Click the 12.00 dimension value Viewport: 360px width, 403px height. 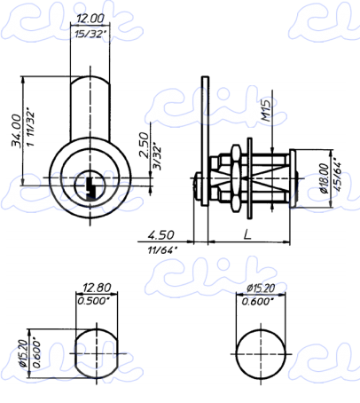(90, 19)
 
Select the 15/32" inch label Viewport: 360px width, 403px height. (90, 34)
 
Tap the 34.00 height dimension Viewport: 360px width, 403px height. (17, 130)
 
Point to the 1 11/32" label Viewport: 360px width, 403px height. (30, 129)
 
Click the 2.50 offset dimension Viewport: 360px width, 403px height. (144, 146)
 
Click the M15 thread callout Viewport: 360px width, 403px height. (266, 111)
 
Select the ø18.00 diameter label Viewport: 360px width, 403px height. (325, 178)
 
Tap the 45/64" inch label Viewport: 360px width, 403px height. (337, 177)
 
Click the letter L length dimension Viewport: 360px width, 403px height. (247, 234)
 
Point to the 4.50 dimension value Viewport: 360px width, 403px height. (161, 235)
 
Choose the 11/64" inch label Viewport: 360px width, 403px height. (162, 250)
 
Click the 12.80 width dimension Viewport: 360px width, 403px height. (97, 288)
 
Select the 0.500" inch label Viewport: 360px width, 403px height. (93, 301)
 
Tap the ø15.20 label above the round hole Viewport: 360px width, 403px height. (261, 288)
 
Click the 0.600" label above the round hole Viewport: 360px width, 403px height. (257, 302)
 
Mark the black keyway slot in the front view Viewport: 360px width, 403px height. (90, 188)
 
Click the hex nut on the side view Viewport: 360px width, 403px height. (236, 178)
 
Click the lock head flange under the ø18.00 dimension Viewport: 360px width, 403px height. (293, 178)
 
